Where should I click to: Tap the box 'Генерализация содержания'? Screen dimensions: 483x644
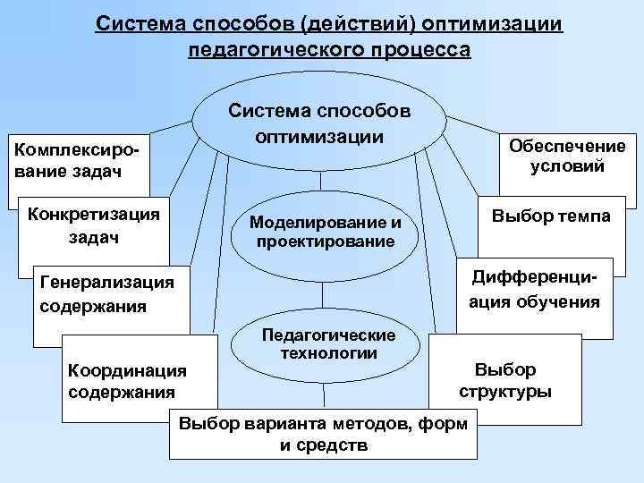click(107, 295)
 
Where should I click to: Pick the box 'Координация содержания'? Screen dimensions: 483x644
click(126, 381)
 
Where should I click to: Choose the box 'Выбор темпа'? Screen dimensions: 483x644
click(551, 217)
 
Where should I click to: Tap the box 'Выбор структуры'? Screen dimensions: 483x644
click(505, 380)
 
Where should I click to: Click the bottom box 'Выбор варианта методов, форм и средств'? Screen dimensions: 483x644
click(323, 434)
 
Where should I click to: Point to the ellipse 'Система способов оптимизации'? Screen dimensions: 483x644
click(319, 123)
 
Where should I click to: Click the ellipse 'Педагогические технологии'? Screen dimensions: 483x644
click(326, 344)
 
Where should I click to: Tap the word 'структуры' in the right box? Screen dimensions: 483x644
click(505, 392)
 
